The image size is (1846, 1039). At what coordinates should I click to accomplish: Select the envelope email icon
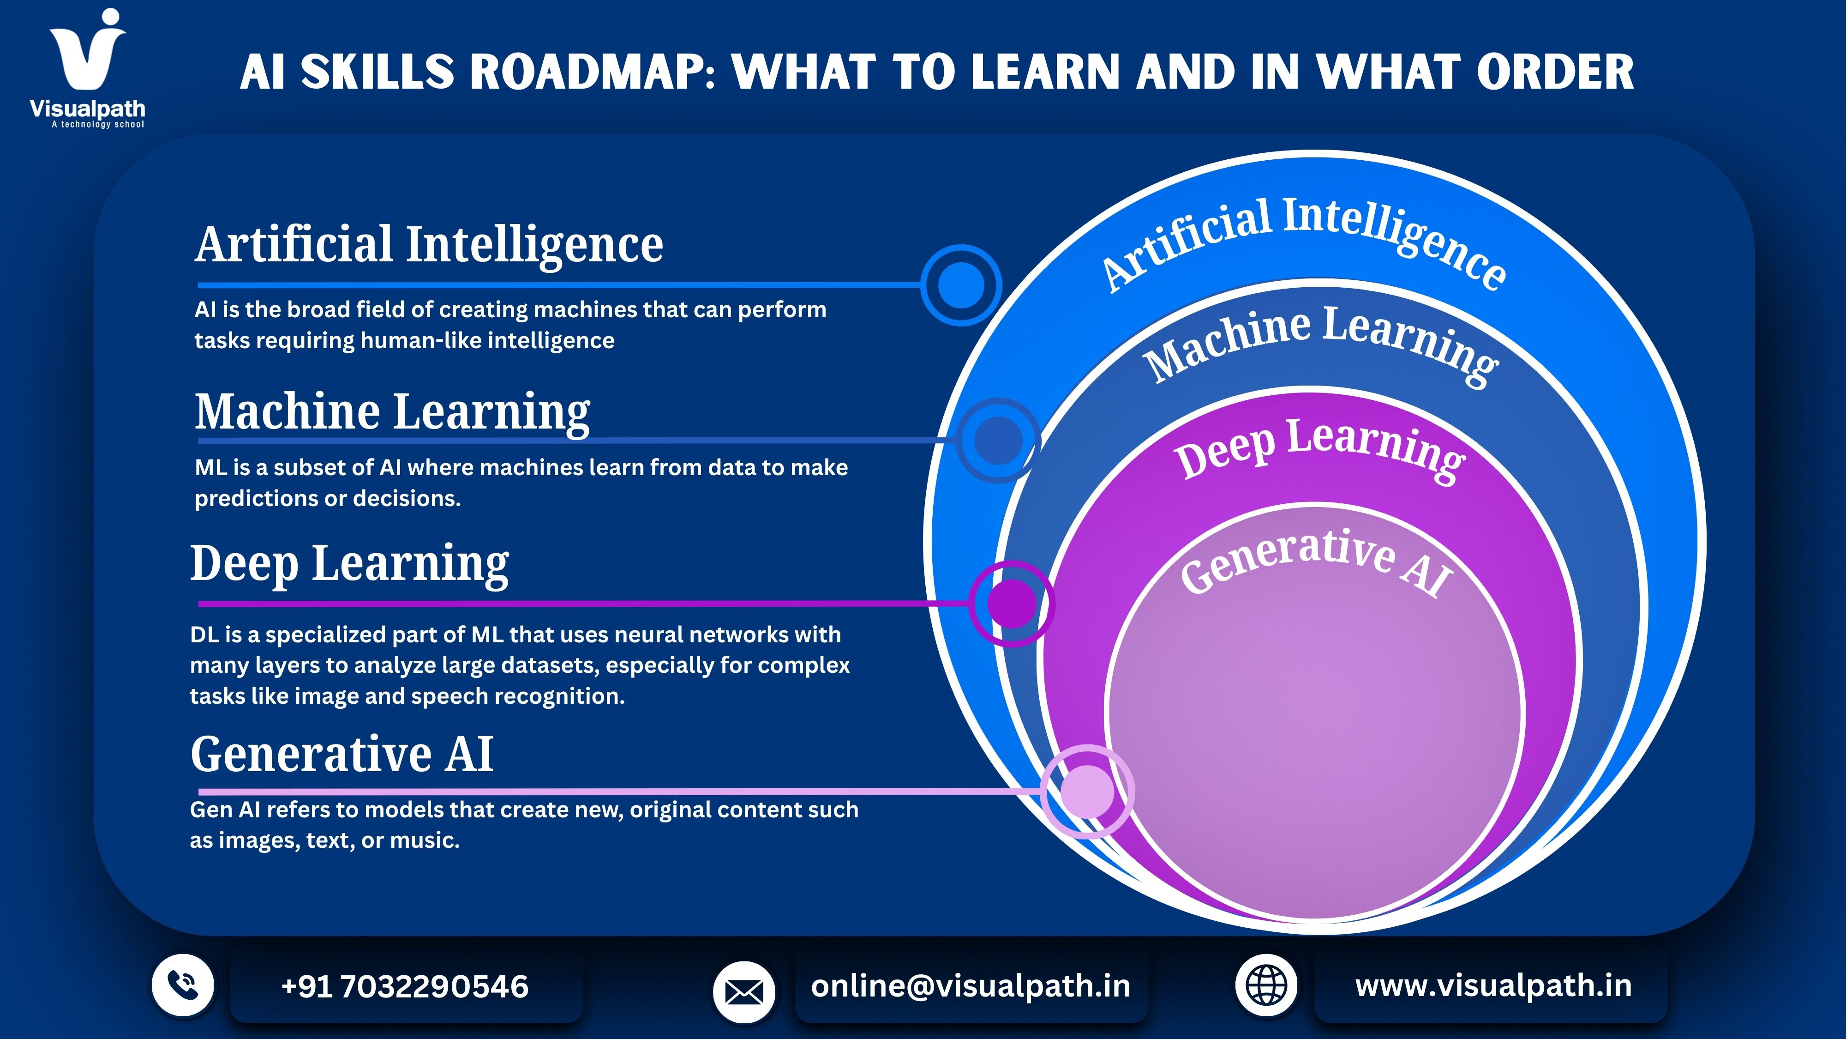(744, 992)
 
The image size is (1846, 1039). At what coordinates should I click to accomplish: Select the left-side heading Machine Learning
(393, 413)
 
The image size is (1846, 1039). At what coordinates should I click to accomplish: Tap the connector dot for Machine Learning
(998, 440)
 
